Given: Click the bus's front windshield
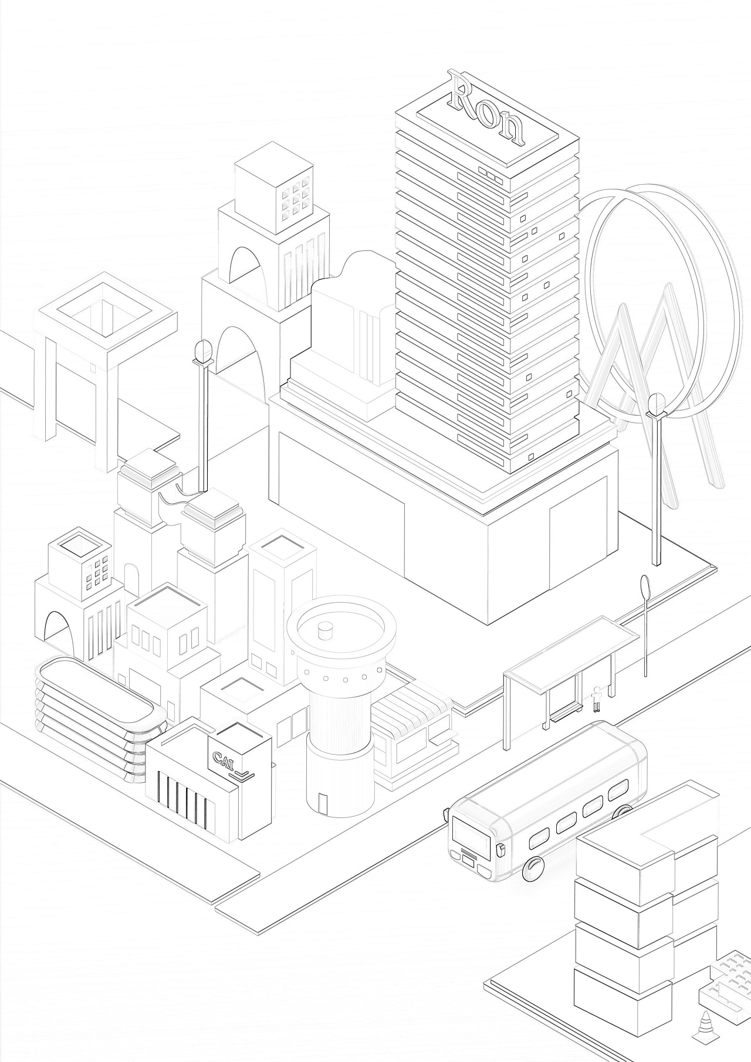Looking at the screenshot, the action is click(x=471, y=834).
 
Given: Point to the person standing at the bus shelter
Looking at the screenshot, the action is click(x=597, y=698).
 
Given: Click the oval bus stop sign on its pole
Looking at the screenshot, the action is click(x=645, y=586).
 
